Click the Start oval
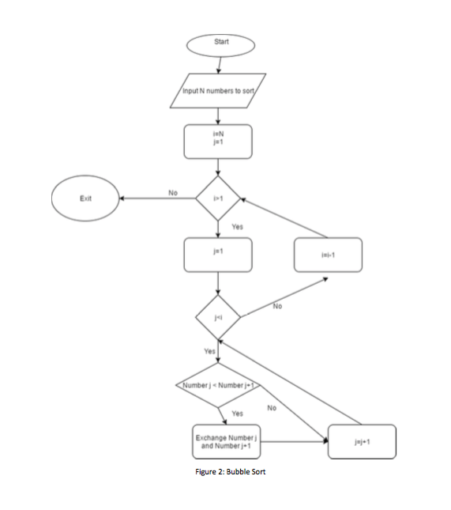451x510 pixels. tap(220, 43)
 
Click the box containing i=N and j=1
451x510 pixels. tap(217, 141)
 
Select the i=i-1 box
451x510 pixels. tap(329, 255)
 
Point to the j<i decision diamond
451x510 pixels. tap(218, 316)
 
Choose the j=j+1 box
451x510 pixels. tap(363, 440)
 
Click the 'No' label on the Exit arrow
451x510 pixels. tap(171, 191)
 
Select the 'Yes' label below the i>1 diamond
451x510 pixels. tap(237, 227)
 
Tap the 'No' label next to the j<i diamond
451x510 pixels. tap(277, 305)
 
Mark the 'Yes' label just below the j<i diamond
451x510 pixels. tap(209, 351)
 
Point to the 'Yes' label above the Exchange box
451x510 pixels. tap(236, 413)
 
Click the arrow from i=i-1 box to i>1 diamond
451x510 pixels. tap(280, 216)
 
